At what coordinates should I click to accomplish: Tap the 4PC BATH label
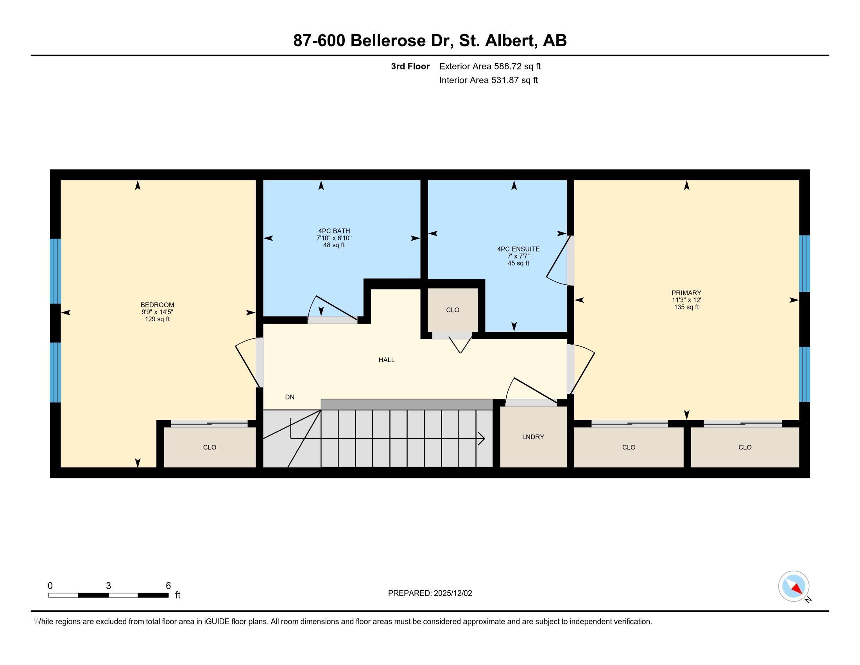334,231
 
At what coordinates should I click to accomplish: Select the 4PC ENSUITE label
518,249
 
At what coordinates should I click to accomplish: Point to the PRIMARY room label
686,293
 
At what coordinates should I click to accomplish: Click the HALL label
386,359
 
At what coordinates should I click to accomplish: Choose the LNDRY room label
533,437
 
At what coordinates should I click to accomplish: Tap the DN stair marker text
290,397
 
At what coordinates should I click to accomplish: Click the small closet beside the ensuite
453,310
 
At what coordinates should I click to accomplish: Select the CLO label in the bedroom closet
210,447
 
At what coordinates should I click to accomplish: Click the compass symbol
794,586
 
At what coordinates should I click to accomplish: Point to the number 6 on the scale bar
168,586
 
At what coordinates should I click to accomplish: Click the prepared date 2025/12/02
453,593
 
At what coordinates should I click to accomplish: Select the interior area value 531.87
505,80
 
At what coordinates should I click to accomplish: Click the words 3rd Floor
410,66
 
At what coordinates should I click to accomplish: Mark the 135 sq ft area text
686,307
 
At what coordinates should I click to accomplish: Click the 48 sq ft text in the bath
334,245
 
